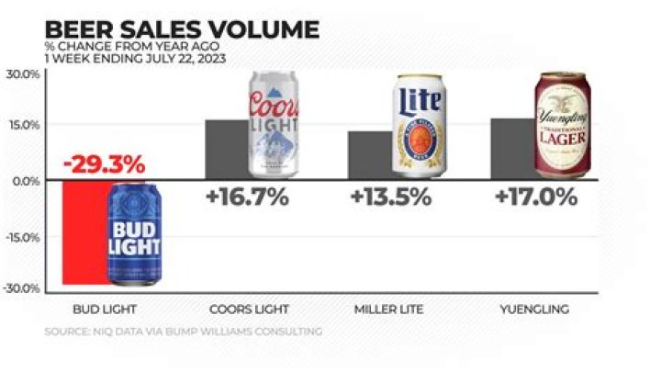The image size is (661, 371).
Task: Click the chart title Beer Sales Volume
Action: pos(182,28)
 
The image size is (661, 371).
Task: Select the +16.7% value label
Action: pos(247,197)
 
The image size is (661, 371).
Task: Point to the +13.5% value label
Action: pos(391,197)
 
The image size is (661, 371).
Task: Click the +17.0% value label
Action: pos(535,197)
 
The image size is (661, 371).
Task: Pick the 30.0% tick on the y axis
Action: pos(22,74)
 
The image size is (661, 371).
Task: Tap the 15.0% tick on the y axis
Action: pos(22,125)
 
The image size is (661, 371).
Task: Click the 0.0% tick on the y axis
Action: pos(25,181)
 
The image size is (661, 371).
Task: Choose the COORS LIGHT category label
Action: pos(247,309)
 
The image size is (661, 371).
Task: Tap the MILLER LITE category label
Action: pos(391,309)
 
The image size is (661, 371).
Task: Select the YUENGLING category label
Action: pos(535,309)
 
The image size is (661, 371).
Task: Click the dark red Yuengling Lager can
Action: pos(562,125)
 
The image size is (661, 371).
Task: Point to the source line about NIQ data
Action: pos(184,332)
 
